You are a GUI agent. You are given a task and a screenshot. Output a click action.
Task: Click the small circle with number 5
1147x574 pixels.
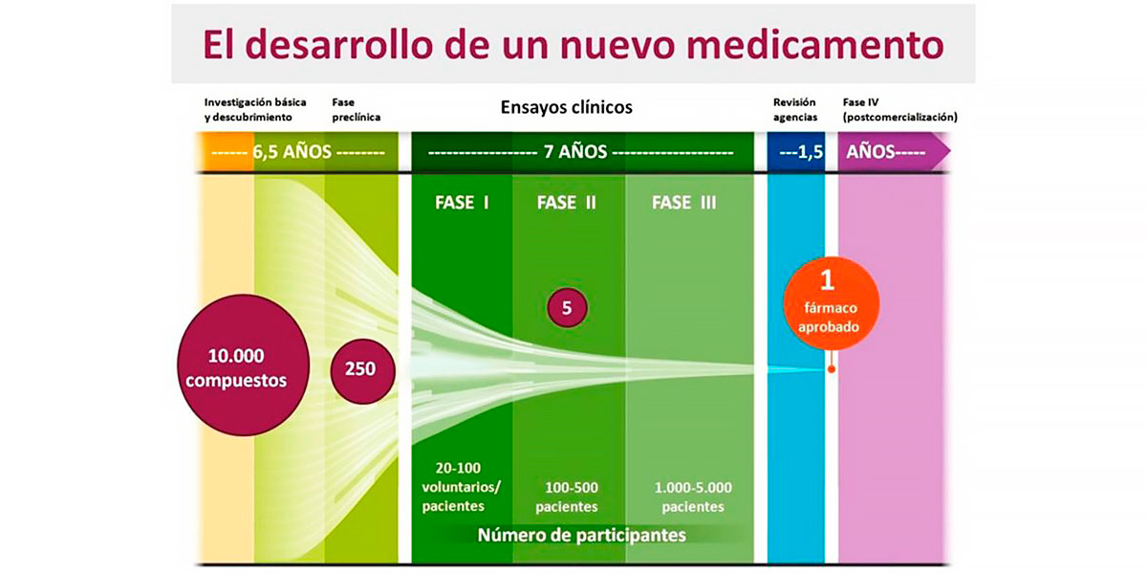coord(566,308)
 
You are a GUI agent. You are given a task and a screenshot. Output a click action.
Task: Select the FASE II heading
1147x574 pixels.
coord(567,203)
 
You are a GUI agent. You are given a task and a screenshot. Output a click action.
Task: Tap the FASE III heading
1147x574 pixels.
coord(683,203)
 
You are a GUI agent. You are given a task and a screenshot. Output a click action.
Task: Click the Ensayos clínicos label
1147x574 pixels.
coord(566,107)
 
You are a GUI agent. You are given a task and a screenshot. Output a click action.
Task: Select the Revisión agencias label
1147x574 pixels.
coord(794,109)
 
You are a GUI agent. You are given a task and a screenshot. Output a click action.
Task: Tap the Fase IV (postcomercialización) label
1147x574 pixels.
coord(899,109)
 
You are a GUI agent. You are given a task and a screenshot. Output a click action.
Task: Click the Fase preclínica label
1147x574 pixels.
coord(356,109)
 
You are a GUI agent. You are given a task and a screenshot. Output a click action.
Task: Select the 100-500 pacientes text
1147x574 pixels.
coord(567,497)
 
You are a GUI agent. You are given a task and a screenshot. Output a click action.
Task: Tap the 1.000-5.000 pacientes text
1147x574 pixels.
coord(693,497)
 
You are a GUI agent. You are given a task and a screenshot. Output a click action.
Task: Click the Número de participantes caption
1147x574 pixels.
coord(581,535)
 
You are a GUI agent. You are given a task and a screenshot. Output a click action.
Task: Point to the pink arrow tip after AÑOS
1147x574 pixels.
coord(946,152)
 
